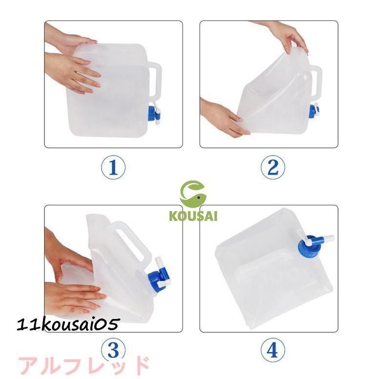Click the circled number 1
pos(113,167)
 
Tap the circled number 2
pos(273,167)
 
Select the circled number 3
pos(113,350)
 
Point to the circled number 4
pos(273,350)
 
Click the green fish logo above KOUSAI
pos(193,194)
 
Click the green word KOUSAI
pos(193,216)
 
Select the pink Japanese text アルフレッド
pos(83,366)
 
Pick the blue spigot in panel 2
pos(314,111)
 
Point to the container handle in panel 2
pos(316,81)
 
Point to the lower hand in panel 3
pos(73,298)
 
